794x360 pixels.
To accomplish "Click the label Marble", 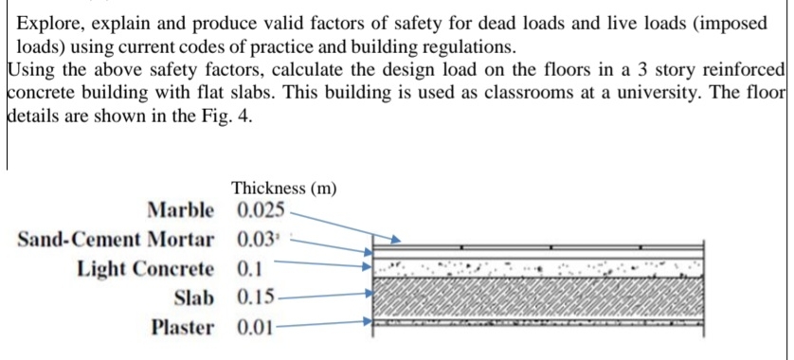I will [x=181, y=208].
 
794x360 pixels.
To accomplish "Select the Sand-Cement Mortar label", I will [x=116, y=238].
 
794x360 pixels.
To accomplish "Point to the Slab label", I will [x=194, y=297].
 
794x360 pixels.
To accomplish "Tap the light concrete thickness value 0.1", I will [x=248, y=268].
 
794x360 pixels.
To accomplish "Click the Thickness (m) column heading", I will [x=283, y=188].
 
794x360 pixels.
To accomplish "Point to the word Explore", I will [x=50, y=24].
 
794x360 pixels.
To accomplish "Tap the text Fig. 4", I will [x=231, y=119].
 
